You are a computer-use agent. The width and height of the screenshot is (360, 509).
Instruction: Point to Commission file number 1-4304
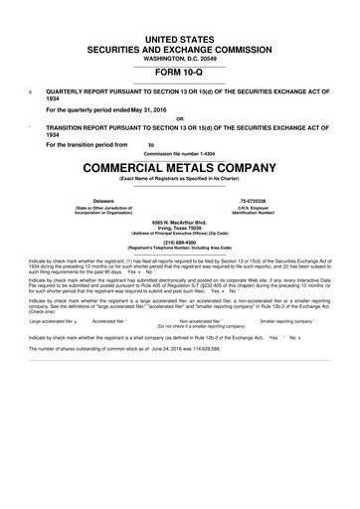[179, 154]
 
